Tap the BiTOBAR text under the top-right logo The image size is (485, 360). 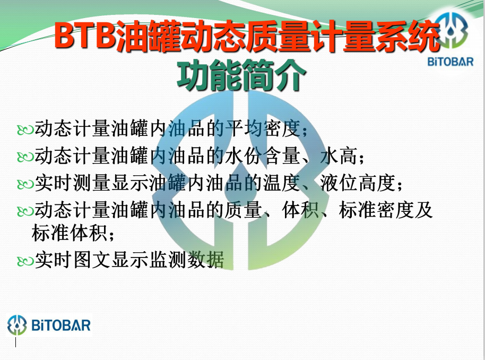point(451,62)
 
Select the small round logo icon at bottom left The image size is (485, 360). point(18,325)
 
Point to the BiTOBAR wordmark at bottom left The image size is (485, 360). point(60,325)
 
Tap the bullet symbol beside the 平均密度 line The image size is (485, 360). point(25,130)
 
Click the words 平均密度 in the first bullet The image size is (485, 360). point(262,128)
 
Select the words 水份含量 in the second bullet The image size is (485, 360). point(262,156)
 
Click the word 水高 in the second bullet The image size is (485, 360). point(339,156)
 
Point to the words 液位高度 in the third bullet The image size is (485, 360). point(358,183)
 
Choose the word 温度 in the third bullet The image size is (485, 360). point(281,183)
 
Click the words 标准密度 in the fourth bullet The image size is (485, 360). point(376,210)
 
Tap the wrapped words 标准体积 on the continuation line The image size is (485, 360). point(70,233)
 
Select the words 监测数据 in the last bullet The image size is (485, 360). point(186,260)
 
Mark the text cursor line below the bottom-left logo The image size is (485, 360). point(15,342)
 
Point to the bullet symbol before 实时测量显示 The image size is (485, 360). point(25,184)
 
